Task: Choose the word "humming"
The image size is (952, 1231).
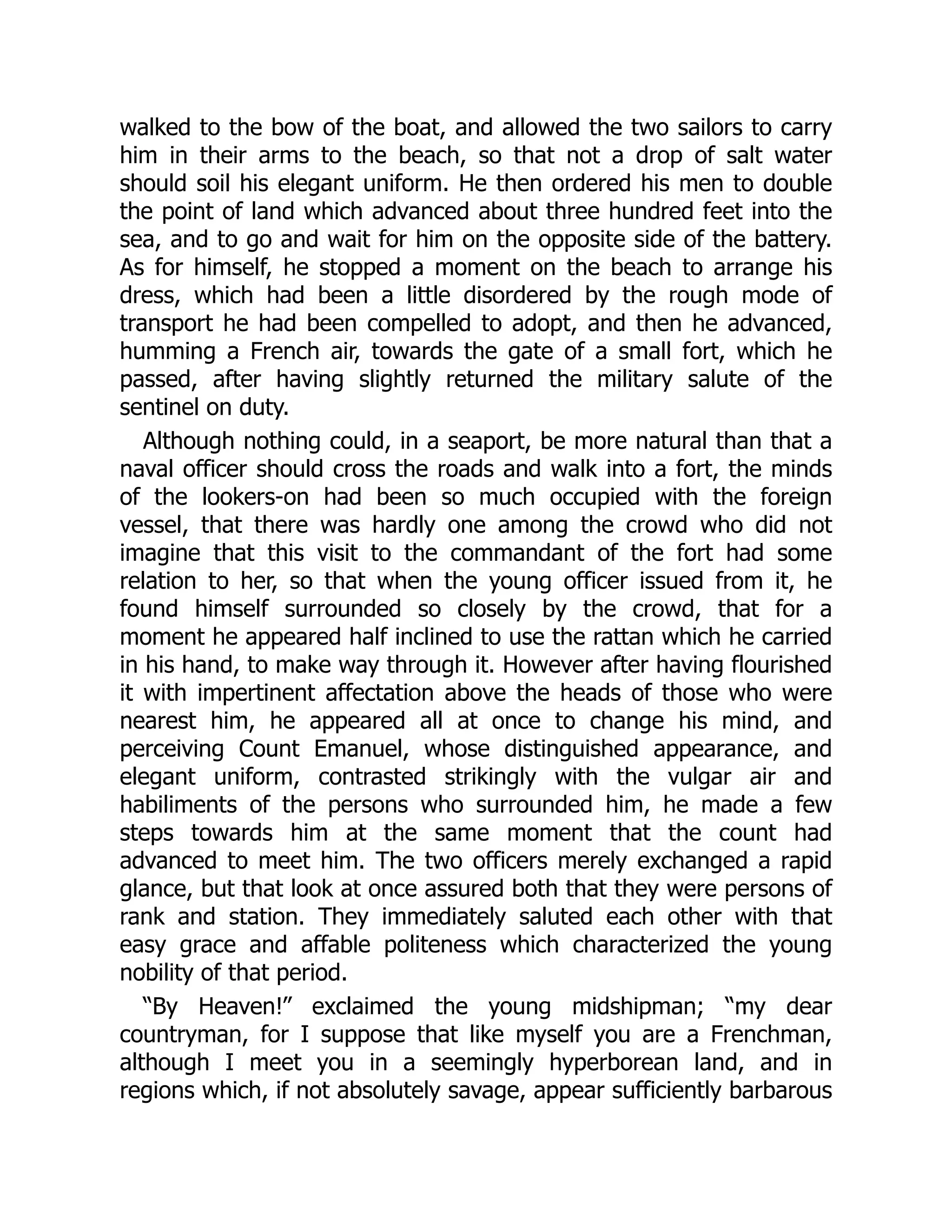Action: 167,352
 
